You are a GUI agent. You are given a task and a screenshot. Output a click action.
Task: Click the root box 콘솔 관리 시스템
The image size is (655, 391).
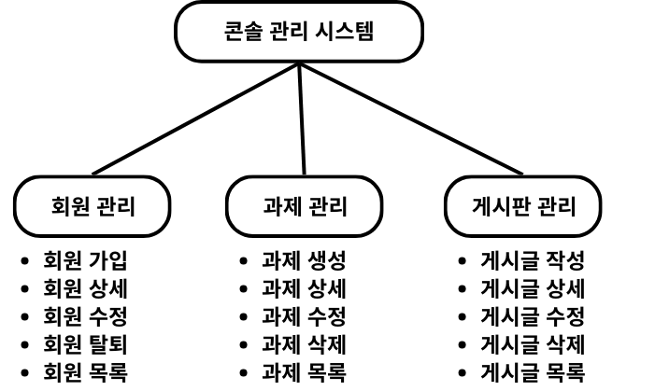click(299, 33)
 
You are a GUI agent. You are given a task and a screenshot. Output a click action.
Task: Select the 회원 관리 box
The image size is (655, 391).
click(92, 205)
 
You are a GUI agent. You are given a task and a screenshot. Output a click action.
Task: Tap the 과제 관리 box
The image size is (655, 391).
click(304, 205)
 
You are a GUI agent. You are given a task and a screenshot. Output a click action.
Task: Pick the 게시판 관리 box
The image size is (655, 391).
click(522, 205)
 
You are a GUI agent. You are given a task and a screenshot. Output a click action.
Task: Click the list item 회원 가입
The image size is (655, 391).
click(86, 259)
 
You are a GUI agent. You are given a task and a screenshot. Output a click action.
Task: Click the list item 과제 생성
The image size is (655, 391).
click(304, 259)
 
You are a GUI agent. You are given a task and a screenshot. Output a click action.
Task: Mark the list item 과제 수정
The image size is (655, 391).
click(304, 314)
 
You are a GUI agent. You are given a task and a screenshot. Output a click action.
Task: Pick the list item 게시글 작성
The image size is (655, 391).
click(532, 259)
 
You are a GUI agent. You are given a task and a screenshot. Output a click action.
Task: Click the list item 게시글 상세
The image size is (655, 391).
click(532, 287)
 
